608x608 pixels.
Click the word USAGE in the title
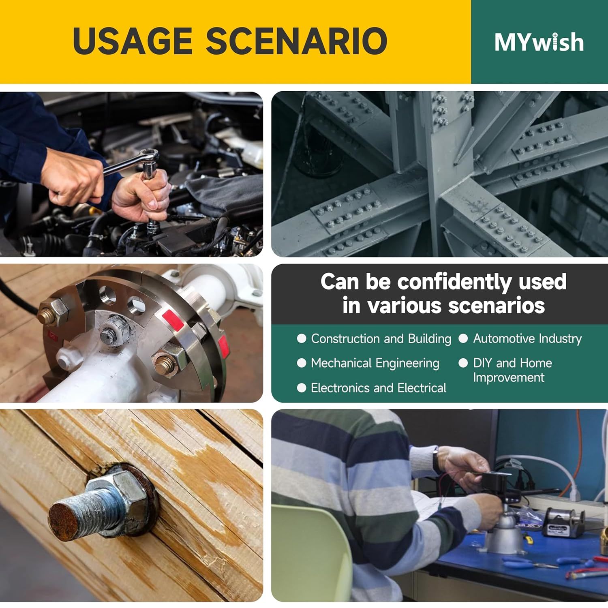tap(133, 41)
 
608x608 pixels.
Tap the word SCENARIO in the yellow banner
tap(296, 41)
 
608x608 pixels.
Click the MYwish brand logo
tap(539, 42)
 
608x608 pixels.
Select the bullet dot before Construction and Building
tap(302, 338)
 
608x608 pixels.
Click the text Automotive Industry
tap(527, 338)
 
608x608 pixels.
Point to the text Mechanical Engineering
tap(375, 363)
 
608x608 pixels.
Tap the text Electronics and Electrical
tap(379, 388)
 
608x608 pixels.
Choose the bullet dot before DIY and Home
tap(463, 363)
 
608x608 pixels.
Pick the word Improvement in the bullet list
tap(509, 378)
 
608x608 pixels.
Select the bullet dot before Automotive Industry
tap(463, 338)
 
